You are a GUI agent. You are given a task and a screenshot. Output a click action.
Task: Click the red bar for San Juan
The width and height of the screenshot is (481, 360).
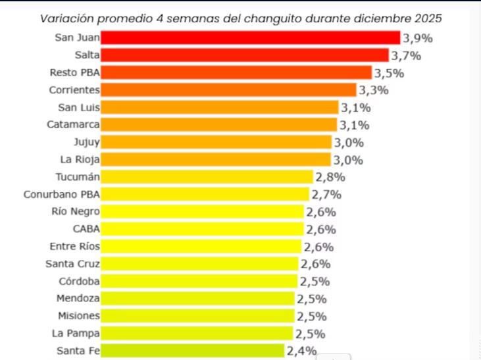tap(250, 38)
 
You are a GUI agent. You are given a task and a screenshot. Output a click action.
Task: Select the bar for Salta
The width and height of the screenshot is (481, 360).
tap(245, 55)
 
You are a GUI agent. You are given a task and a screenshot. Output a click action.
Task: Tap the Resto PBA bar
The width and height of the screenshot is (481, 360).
tap(236, 72)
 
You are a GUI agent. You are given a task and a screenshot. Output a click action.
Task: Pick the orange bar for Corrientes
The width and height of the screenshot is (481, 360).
tap(228, 90)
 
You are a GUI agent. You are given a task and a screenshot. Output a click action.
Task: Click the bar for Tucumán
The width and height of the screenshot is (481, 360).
tap(207, 176)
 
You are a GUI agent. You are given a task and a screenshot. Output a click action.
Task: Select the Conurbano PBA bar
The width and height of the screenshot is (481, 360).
tap(205, 194)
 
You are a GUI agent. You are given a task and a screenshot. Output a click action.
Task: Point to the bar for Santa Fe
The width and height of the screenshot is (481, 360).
tap(193, 351)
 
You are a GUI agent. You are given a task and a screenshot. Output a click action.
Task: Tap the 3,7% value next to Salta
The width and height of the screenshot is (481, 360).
tap(406, 55)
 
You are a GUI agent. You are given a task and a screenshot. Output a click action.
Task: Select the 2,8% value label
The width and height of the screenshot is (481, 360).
tap(330, 177)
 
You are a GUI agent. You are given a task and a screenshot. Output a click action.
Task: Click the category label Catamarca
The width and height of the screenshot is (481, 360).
tap(73, 124)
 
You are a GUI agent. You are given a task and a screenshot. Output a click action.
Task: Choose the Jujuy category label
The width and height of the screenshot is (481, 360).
tap(86, 141)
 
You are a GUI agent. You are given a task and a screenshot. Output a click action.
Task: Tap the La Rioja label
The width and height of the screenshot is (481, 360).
tap(80, 159)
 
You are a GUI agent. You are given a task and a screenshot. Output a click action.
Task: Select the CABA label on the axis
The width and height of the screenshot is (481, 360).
tap(86, 229)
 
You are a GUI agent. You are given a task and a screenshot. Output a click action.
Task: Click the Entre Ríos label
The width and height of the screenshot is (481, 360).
tap(74, 246)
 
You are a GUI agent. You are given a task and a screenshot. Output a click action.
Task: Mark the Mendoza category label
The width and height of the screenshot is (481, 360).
tap(78, 298)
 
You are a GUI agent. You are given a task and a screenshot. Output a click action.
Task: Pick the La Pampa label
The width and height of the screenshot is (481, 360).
tap(78, 333)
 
